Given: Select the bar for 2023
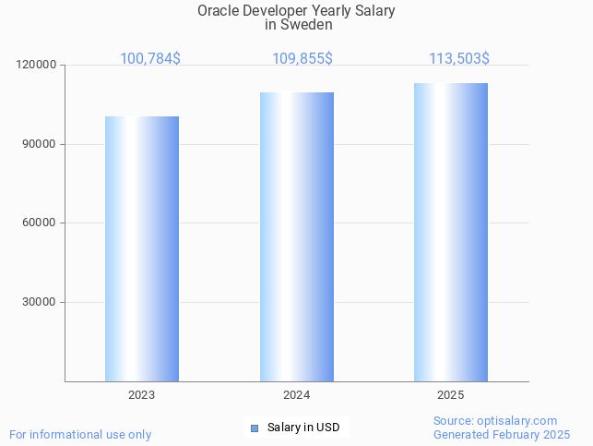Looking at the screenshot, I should point(141,248).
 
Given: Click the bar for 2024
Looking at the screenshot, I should point(296,236).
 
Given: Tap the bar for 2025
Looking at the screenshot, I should point(451,232).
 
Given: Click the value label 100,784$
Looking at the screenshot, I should point(150,59).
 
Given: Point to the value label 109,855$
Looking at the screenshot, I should point(302,59).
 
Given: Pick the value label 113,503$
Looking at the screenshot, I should point(458,59).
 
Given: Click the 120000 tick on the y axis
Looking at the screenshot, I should point(37,66).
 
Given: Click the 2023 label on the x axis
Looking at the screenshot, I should point(141,395).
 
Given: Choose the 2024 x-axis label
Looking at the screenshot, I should point(296,395).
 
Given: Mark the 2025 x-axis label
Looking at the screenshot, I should point(451,395).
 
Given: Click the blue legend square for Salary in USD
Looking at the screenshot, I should point(255,428).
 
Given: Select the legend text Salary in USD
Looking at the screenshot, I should point(303,428).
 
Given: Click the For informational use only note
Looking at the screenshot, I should point(80,434).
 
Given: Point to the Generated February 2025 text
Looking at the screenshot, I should point(502,434).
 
